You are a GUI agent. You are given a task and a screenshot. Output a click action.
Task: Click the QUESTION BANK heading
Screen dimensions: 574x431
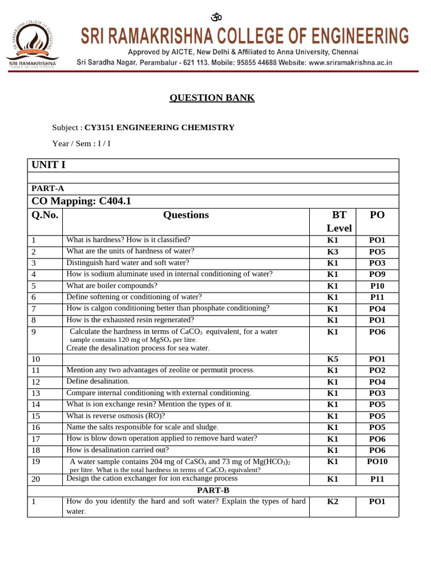(212, 98)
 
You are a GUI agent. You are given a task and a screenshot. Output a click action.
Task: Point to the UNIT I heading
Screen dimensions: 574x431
(48, 165)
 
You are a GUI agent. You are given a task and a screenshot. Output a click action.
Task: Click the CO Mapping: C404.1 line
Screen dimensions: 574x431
(81, 201)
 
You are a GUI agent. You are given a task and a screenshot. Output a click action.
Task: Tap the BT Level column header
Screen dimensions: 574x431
(339, 221)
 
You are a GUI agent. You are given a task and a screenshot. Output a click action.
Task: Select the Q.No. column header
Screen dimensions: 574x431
(45, 215)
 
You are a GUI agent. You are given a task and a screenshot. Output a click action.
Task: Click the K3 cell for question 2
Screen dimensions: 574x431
(333, 252)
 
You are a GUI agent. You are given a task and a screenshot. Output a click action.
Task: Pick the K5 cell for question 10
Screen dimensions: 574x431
(333, 359)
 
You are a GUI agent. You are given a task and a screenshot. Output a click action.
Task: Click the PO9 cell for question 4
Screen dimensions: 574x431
(377, 275)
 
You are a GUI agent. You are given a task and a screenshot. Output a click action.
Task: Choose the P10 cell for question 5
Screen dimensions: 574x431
(377, 286)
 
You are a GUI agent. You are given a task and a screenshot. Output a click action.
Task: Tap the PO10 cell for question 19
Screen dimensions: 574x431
(377, 462)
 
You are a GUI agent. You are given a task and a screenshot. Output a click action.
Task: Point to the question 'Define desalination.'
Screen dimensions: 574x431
(98, 381)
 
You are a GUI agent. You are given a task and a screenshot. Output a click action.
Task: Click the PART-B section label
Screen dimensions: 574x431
(213, 490)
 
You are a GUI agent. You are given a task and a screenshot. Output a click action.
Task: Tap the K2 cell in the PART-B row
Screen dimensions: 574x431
(333, 502)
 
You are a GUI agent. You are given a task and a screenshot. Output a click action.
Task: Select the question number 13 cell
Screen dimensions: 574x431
(36, 394)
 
